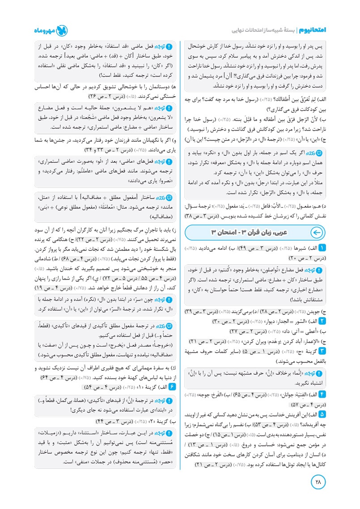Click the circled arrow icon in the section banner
coord(316,232)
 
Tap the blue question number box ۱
coord(323,248)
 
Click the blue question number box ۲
coord(323,322)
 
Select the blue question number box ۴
coord(323,395)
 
